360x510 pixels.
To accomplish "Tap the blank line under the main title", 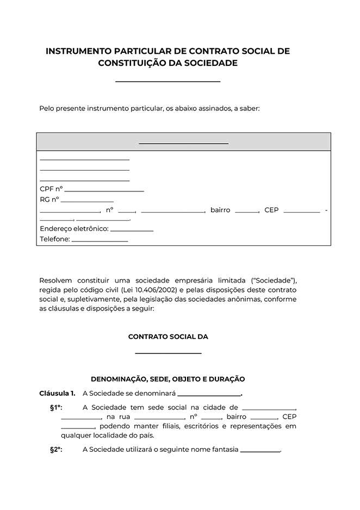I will coord(167,81).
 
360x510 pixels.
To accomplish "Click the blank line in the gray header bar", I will coord(183,143).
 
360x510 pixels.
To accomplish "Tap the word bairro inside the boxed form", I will coord(220,210).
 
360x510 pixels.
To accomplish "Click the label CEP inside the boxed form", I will coord(271,210).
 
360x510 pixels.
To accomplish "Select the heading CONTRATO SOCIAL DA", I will coord(168,337).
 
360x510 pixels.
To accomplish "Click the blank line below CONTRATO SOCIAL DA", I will coord(168,353).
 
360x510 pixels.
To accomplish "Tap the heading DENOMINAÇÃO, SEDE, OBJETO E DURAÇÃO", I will coord(168,379).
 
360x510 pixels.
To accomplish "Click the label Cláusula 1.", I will coord(57,393).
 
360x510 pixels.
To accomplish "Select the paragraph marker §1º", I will coord(56,408).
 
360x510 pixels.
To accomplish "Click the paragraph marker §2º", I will coord(56,450).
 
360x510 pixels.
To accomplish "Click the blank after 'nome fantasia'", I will coord(259,451).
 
